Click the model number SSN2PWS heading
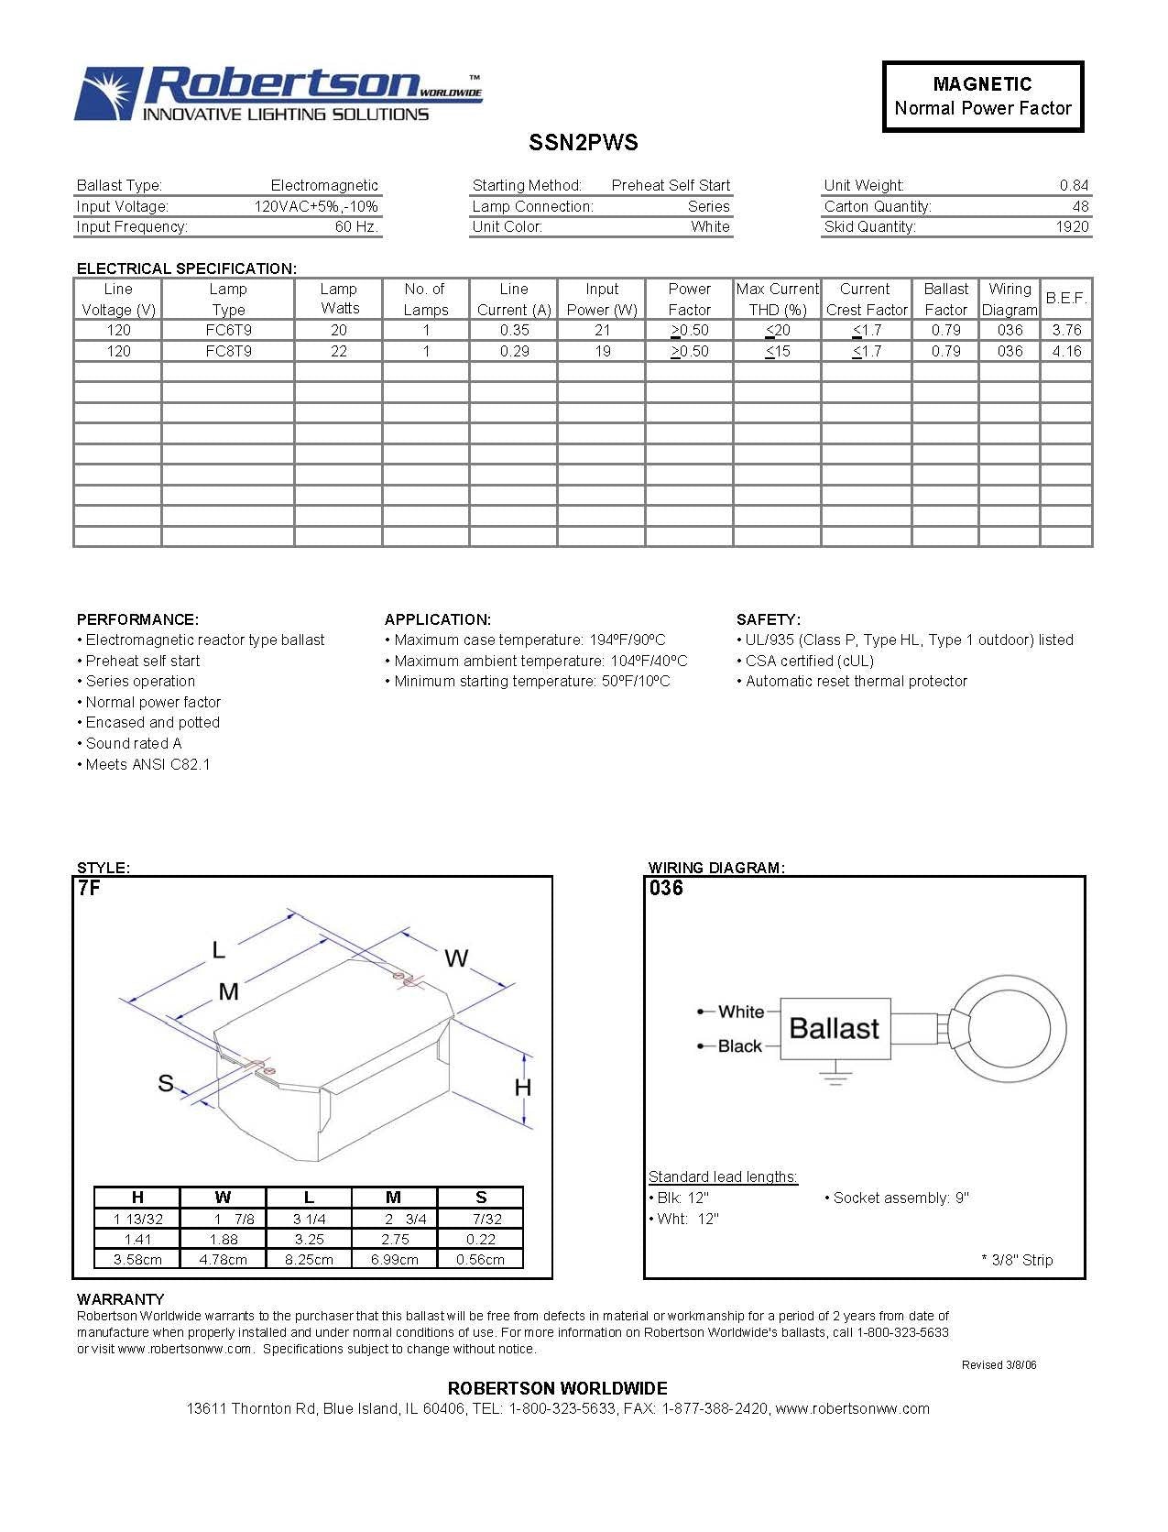(x=583, y=143)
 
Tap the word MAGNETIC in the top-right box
(x=982, y=84)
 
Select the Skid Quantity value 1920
(x=1071, y=227)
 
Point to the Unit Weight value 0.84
(x=1074, y=186)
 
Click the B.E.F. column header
(x=1066, y=299)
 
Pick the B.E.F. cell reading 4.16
(x=1066, y=351)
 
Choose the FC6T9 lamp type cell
(x=228, y=330)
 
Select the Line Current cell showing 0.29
(x=514, y=351)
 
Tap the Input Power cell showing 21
(x=602, y=330)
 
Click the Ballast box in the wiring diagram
(x=834, y=1029)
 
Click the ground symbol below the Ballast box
(x=835, y=1076)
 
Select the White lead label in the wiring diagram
(x=740, y=1012)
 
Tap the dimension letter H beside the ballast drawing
(x=522, y=1088)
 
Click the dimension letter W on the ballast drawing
(x=456, y=958)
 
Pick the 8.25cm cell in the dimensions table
(x=309, y=1260)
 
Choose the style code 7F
(x=89, y=888)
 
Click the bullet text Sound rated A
(x=134, y=744)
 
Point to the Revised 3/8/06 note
(x=999, y=1365)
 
